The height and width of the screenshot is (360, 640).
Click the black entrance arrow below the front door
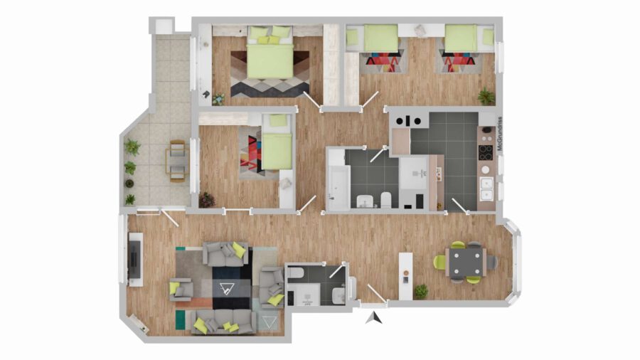(374, 318)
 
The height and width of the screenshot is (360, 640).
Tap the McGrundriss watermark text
(501, 134)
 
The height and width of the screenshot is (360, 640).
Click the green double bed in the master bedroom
(270, 52)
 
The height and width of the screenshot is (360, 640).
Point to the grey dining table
(466, 262)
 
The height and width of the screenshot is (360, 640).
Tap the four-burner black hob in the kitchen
(486, 152)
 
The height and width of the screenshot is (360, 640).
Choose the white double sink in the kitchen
(486, 189)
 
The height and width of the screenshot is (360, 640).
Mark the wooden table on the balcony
(177, 161)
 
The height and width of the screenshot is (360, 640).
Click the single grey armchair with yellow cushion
(181, 290)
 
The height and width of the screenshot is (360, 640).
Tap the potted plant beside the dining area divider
(421, 292)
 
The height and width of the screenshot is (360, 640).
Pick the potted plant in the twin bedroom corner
(486, 96)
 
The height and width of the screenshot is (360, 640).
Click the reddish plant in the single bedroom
(207, 200)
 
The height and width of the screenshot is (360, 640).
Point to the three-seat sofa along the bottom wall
(224, 322)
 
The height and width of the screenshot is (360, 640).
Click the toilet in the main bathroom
(385, 200)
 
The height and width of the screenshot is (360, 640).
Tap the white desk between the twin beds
(421, 30)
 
